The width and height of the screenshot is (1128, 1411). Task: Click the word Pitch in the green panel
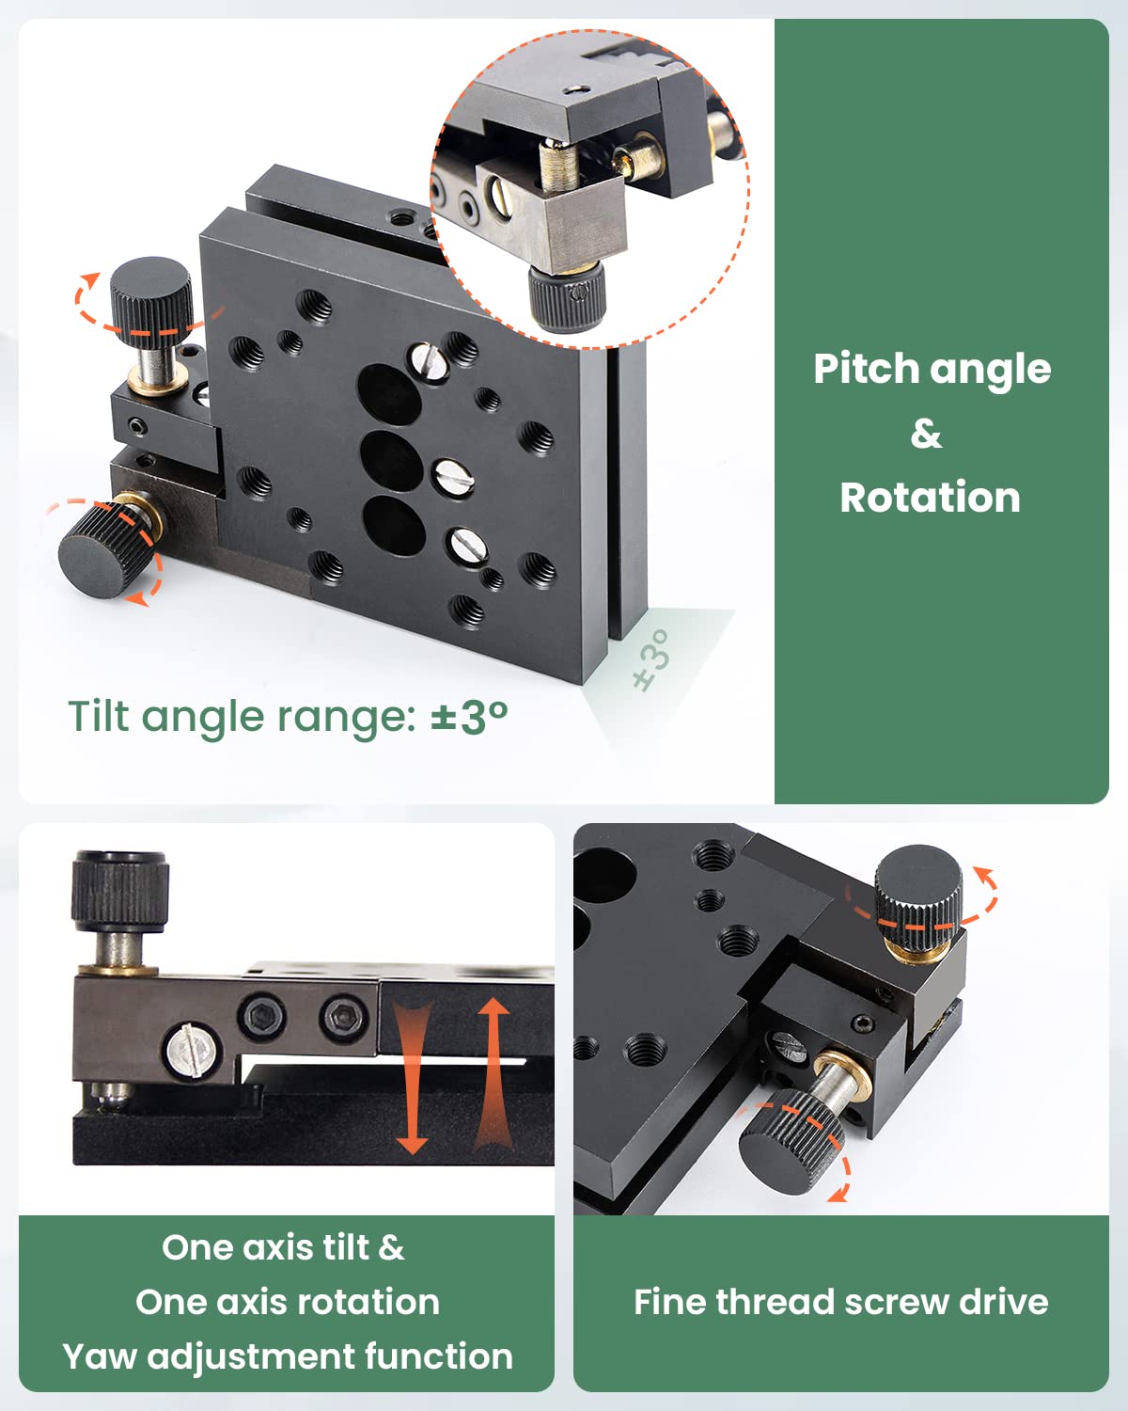(x=858, y=369)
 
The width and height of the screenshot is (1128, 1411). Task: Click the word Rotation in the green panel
(x=930, y=498)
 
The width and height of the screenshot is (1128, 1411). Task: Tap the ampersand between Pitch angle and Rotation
(x=926, y=434)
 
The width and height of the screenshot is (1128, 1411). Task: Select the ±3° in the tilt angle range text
(x=469, y=717)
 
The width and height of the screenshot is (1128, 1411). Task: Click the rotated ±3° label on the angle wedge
(x=652, y=659)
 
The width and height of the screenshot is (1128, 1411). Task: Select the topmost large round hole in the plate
(x=390, y=394)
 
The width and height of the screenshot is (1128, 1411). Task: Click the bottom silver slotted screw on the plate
(x=465, y=544)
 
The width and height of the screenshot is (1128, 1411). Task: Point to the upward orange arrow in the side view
(x=492, y=1072)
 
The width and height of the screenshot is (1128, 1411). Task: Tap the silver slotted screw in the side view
(x=192, y=1051)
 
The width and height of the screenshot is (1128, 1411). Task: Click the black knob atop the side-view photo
(x=120, y=889)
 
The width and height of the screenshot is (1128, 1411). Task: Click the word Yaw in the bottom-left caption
(x=100, y=1356)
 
